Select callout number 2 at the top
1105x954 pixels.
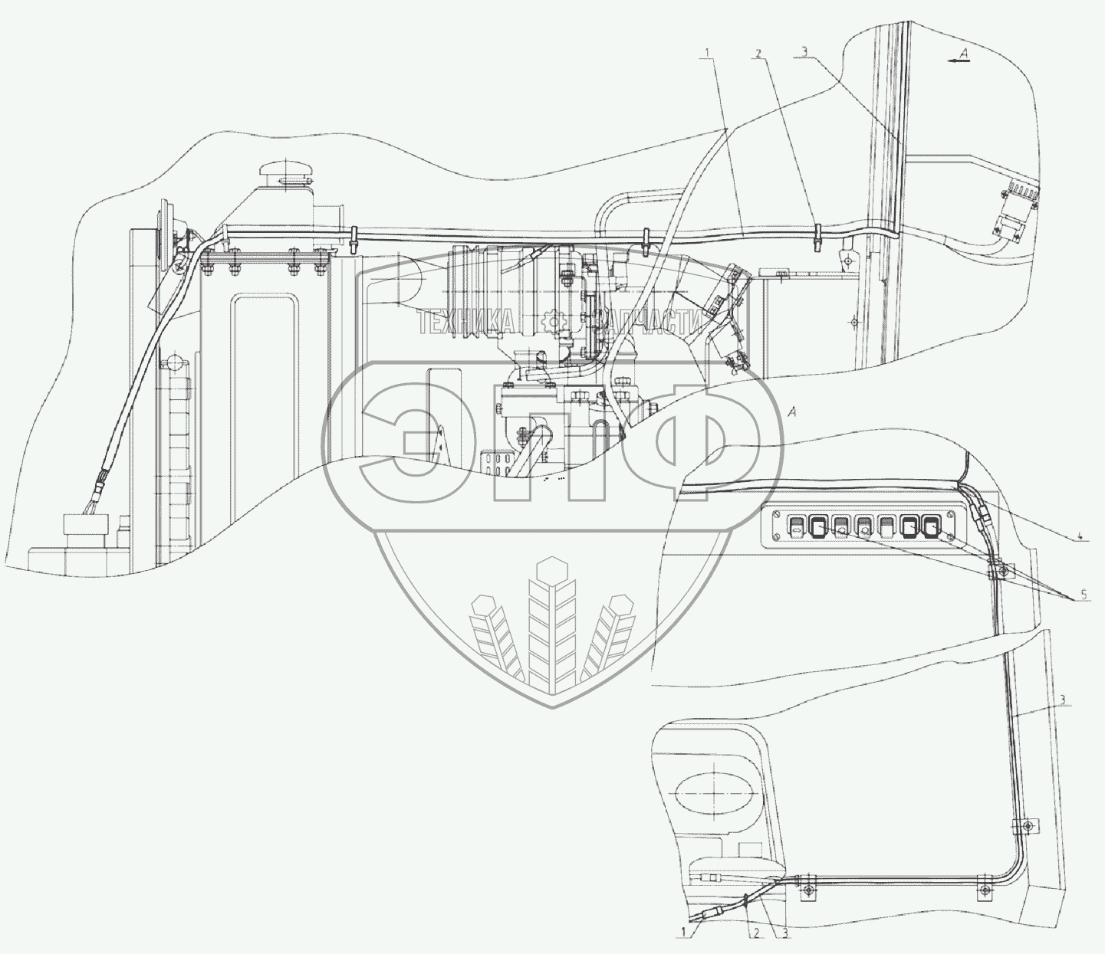click(x=758, y=53)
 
